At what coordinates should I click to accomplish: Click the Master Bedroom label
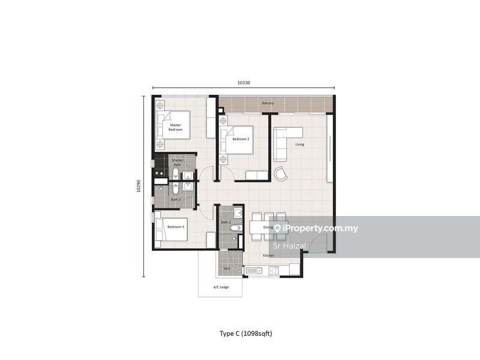(x=175, y=127)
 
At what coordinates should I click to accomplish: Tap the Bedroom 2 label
(x=241, y=139)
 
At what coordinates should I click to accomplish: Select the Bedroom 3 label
(x=176, y=227)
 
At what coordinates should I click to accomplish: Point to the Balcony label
(x=268, y=103)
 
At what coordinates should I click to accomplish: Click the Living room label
(x=299, y=145)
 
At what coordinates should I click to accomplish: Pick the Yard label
(x=227, y=268)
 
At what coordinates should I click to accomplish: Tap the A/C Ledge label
(x=221, y=287)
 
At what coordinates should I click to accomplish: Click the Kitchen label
(x=269, y=256)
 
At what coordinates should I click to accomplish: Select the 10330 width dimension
(x=244, y=83)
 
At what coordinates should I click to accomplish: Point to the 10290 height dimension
(x=139, y=186)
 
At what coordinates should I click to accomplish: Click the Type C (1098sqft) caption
(x=246, y=334)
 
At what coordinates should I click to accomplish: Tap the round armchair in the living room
(x=281, y=174)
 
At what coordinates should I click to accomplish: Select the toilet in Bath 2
(x=236, y=228)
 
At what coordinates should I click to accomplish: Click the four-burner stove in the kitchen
(x=274, y=271)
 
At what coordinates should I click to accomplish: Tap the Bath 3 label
(x=176, y=200)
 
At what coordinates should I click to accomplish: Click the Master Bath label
(x=177, y=163)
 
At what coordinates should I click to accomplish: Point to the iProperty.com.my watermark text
(x=320, y=229)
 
